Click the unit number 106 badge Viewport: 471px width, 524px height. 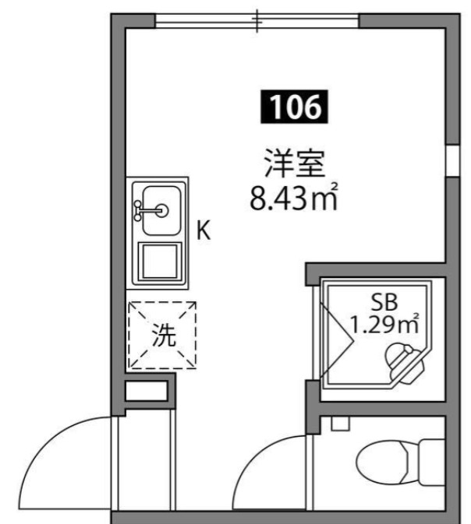tap(293, 107)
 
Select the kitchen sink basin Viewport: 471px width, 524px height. tap(159, 209)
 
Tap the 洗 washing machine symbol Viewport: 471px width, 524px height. tap(163, 334)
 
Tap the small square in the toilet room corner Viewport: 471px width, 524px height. tap(340, 425)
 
